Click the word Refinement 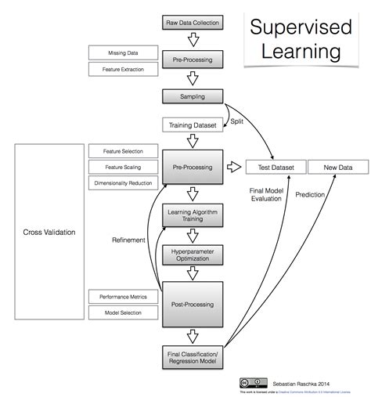[128, 240]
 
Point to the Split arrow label [236, 121]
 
